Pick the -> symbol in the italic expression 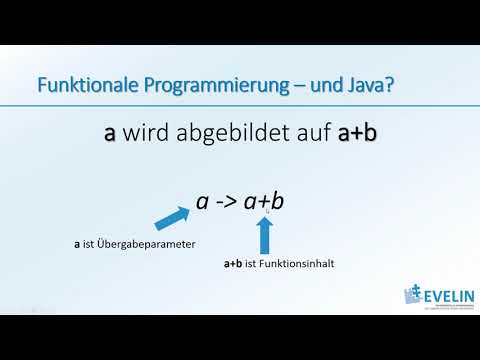click(228, 201)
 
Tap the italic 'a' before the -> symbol click(202, 202)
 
